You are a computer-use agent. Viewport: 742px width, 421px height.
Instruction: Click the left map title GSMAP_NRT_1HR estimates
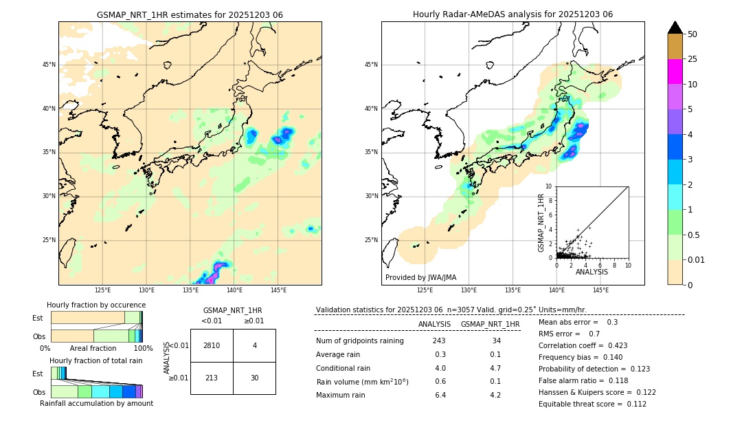pyautogui.click(x=190, y=14)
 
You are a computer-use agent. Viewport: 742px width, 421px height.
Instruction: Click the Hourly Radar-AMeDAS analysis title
pyautogui.click(x=513, y=14)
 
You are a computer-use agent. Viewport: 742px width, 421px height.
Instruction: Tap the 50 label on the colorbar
pyautogui.click(x=693, y=34)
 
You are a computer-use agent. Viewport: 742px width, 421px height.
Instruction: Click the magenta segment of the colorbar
pyautogui.click(x=675, y=72)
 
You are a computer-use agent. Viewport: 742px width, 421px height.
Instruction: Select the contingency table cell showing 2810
pyautogui.click(x=212, y=345)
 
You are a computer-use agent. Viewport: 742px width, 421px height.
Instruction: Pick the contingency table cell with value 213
pyautogui.click(x=212, y=378)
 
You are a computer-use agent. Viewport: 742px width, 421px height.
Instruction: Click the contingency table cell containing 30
pyautogui.click(x=254, y=378)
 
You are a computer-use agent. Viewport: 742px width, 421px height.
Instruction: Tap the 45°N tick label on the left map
pyautogui.click(x=49, y=65)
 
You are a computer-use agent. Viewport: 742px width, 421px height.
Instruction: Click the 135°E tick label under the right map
pyautogui.click(x=513, y=290)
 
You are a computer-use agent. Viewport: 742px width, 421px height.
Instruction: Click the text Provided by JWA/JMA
pyautogui.click(x=420, y=278)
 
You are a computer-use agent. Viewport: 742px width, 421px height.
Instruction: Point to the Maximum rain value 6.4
pyautogui.click(x=439, y=395)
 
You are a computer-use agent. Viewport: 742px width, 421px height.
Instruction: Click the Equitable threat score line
pyautogui.click(x=592, y=404)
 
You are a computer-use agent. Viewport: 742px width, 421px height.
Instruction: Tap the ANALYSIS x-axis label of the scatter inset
pyautogui.click(x=592, y=272)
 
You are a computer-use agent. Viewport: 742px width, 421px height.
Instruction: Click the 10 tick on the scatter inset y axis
pyautogui.click(x=549, y=186)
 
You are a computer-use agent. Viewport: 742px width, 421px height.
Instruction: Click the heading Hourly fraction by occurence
pyautogui.click(x=96, y=305)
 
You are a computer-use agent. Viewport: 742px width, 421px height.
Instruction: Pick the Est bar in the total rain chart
pyautogui.click(x=58, y=373)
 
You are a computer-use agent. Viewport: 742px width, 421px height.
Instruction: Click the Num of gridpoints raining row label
pyautogui.click(x=359, y=341)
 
